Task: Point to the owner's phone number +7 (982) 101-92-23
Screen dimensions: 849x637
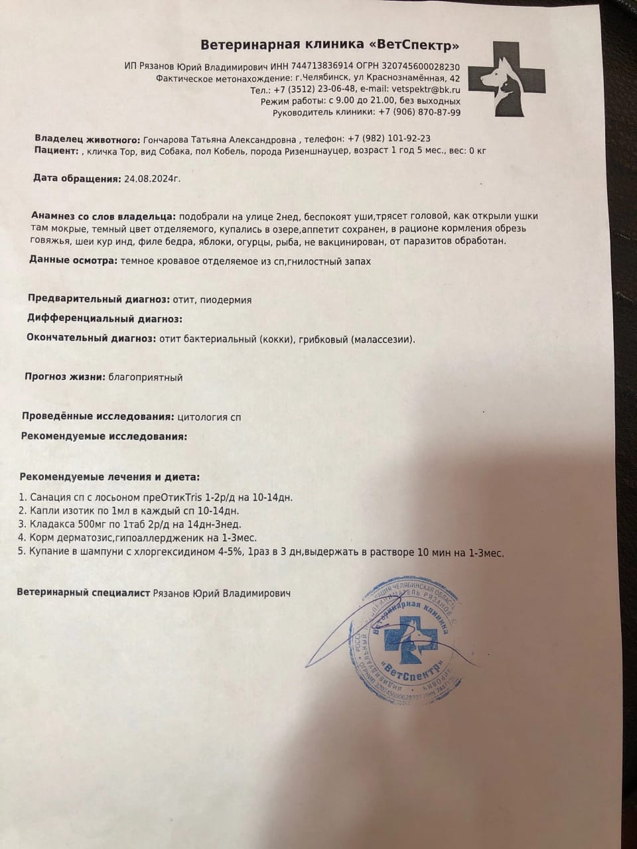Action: coord(388,139)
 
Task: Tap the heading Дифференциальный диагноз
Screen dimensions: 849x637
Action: coord(104,318)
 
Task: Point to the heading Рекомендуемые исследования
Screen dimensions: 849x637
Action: coord(104,436)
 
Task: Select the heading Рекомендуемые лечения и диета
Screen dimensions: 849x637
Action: coord(109,476)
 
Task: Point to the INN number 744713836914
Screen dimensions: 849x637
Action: coord(317,67)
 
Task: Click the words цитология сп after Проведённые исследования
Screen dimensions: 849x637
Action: coord(210,417)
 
